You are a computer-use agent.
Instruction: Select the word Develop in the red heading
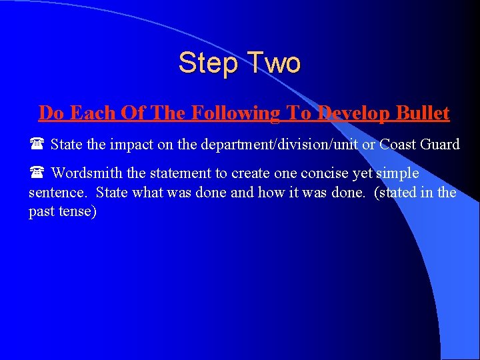click(349, 113)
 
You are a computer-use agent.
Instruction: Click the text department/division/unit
click(263, 145)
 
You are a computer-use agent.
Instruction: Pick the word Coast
click(398, 145)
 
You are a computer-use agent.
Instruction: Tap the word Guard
click(440, 145)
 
